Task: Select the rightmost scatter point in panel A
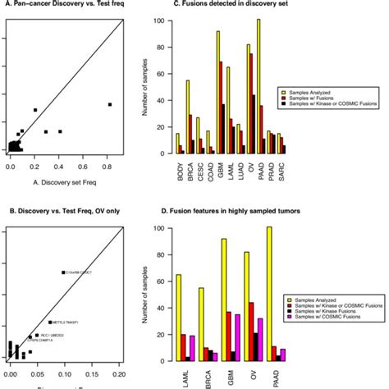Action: pos(110,104)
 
